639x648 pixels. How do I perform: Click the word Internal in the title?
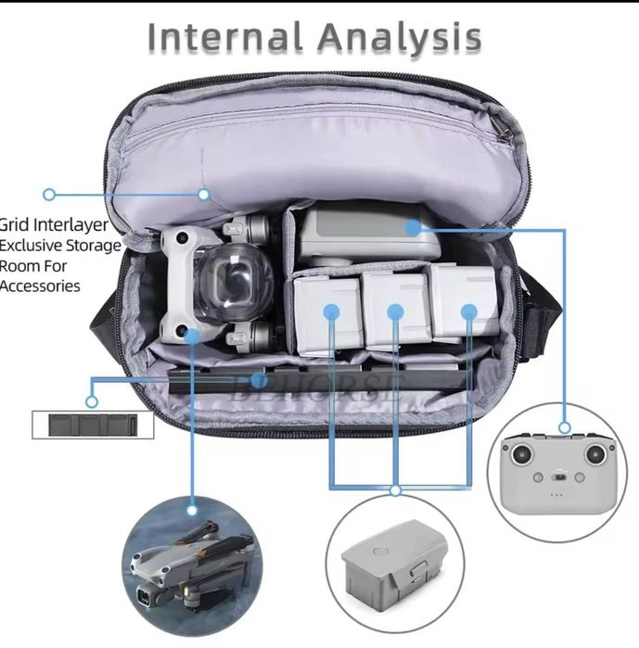[225, 38]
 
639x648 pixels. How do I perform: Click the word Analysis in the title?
[400, 38]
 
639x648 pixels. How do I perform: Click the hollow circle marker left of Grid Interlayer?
[49, 195]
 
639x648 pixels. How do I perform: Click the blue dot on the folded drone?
[193, 333]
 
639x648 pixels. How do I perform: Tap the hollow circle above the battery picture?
[396, 489]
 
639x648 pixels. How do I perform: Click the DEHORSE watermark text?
[320, 384]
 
